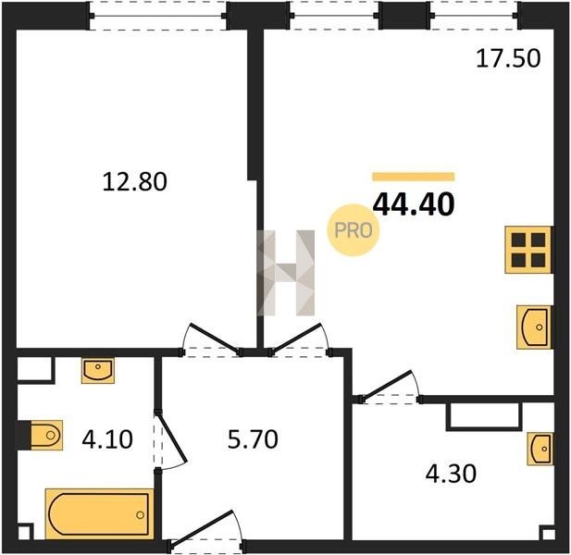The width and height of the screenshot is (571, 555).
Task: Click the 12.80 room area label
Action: [135, 182]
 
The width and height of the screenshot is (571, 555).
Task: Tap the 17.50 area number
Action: [508, 58]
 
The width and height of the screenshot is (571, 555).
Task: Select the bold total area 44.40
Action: [414, 204]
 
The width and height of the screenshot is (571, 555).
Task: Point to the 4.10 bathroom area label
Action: [107, 439]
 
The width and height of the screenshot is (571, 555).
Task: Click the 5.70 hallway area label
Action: [253, 439]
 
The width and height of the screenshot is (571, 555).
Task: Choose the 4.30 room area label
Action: [451, 474]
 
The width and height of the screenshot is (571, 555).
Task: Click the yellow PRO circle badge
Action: [354, 230]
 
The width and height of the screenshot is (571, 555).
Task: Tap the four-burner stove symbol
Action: [528, 250]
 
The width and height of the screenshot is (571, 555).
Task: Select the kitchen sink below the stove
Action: [534, 327]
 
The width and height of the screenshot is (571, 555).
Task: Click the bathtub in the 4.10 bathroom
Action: [99, 514]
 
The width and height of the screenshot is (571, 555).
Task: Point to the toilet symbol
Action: [46, 435]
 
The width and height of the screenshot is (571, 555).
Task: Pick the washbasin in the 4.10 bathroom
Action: [97, 370]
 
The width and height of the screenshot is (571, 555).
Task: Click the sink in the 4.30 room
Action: [540, 450]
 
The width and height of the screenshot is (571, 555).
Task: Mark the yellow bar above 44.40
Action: [414, 177]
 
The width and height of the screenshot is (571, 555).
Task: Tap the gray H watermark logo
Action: [286, 273]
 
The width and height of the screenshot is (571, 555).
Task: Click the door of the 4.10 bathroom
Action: [171, 440]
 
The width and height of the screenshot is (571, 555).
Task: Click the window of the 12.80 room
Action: [157, 16]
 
